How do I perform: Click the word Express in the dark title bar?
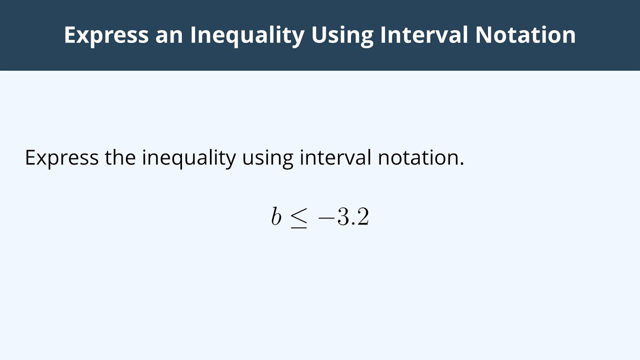(x=106, y=35)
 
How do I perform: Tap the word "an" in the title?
(x=169, y=35)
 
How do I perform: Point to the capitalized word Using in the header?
(x=341, y=35)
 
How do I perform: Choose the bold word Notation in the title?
(x=525, y=35)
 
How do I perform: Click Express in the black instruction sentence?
(x=61, y=157)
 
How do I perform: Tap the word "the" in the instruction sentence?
(x=120, y=157)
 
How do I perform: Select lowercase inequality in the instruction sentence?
(x=189, y=157)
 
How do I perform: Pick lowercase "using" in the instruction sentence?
(x=267, y=157)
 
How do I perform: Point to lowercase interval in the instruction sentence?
(x=335, y=157)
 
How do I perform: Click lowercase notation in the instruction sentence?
(x=418, y=157)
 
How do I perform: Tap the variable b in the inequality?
(x=276, y=217)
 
